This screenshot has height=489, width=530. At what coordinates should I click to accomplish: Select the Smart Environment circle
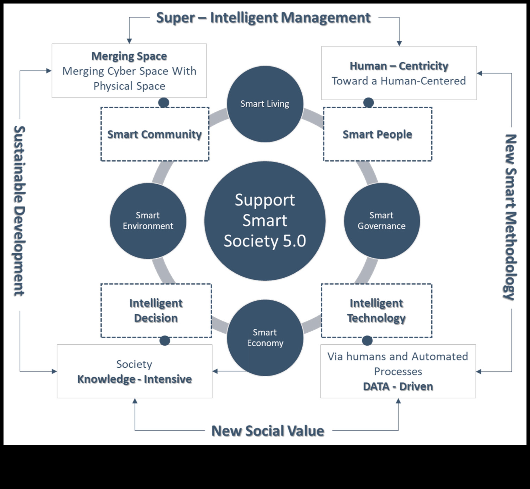[x=148, y=221]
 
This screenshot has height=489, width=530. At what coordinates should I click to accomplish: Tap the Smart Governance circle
[x=382, y=221]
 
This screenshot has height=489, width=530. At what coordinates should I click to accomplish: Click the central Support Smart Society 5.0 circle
[x=265, y=221]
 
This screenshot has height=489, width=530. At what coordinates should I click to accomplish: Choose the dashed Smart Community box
[x=155, y=134]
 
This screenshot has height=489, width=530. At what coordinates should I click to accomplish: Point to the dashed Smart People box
[x=378, y=134]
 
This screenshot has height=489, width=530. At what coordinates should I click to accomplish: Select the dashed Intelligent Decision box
[x=156, y=310]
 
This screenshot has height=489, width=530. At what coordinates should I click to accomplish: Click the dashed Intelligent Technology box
[x=377, y=310]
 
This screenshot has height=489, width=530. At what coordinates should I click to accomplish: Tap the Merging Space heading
[x=129, y=56]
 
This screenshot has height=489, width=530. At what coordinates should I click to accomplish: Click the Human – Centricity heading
[x=399, y=66]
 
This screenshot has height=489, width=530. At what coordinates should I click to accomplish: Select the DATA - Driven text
[x=398, y=387]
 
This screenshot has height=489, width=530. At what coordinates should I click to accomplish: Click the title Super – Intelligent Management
[x=264, y=18]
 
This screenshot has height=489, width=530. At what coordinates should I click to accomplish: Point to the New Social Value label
[x=268, y=431]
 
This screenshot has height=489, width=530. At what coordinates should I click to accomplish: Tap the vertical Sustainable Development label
[x=19, y=211]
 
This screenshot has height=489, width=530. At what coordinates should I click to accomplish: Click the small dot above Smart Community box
[x=164, y=103]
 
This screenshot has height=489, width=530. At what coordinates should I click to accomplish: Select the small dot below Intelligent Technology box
[x=367, y=341]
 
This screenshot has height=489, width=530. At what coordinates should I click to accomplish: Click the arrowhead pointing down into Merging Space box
[x=129, y=41]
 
